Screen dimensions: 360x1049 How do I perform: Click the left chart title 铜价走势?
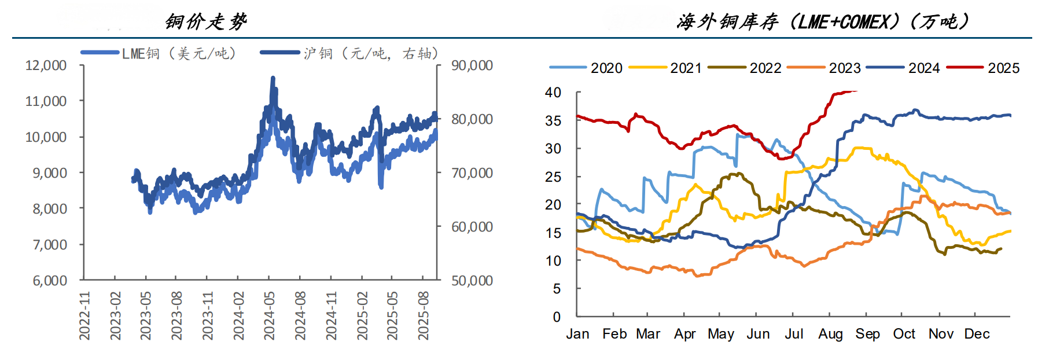206,22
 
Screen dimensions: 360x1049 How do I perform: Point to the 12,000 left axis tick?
46,65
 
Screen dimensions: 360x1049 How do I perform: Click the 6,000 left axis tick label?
50,281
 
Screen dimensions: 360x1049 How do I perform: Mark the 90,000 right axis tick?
472,65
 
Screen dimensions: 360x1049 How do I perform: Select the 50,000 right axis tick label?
472,281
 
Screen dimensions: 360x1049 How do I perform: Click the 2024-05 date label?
269,315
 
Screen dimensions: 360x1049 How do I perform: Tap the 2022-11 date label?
84,315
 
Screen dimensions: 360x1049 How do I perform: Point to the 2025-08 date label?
424,315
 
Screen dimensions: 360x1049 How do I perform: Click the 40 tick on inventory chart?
553,93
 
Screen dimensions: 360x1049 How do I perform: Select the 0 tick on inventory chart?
557,317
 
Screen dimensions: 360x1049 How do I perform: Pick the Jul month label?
794,334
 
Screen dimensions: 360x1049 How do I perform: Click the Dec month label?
977,334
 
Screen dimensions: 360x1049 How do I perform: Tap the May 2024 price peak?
273,78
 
